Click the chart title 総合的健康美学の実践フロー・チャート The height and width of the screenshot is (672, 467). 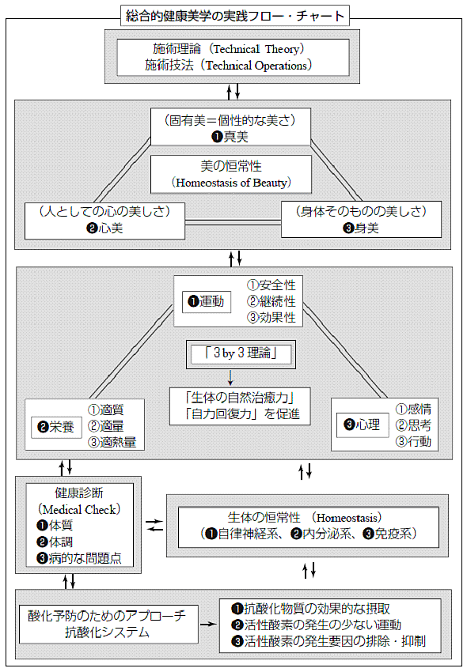(235, 16)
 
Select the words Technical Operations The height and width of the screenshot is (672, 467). (256, 66)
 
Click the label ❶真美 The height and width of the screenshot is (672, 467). (230, 137)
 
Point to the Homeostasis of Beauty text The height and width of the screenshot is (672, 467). (231, 183)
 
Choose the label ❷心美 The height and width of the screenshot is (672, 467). (104, 228)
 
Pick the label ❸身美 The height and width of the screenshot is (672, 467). (361, 228)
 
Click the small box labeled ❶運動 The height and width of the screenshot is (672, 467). (207, 302)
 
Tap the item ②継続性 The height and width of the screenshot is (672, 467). (271, 301)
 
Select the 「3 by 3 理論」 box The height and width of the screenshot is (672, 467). (241, 354)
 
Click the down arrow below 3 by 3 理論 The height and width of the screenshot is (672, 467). (230, 377)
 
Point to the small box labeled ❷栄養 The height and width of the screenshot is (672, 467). (56, 427)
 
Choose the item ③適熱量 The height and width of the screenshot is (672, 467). (112, 442)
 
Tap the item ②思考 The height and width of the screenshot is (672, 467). (413, 425)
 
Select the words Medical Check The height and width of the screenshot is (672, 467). (79, 510)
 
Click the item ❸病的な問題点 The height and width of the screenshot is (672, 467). (79, 558)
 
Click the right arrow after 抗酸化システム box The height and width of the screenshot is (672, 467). (208, 624)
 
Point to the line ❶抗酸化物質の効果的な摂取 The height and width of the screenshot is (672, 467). (310, 609)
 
